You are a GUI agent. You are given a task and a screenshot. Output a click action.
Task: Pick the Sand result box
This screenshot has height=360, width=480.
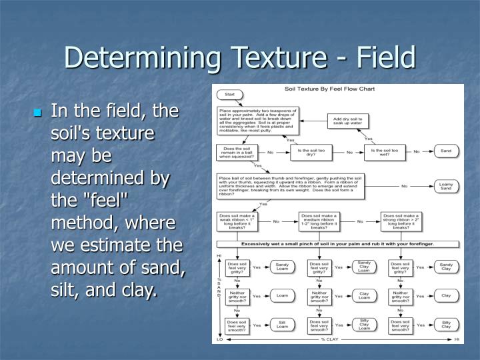446,151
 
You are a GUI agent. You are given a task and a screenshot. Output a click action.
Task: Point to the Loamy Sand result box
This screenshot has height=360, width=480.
446,185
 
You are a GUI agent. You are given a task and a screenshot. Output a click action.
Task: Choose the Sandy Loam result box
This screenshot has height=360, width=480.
282,267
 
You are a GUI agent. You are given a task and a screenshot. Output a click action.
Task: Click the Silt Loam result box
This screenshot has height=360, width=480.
282,324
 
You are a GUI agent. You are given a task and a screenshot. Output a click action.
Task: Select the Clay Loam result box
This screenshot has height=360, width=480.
364,295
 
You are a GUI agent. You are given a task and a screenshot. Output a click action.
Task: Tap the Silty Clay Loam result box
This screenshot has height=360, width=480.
364,324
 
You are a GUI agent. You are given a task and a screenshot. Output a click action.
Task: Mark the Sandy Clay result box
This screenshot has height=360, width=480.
446,267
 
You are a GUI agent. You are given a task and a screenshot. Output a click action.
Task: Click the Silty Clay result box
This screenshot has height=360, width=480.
446,324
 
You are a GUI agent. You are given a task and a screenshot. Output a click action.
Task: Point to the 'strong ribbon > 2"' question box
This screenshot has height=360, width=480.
400,221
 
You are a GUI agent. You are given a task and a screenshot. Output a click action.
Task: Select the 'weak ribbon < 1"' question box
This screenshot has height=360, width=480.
235,221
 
